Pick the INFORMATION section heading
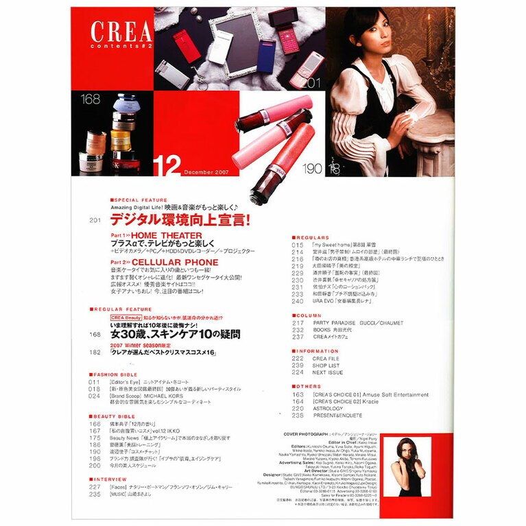coord(315,350)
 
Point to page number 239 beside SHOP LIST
coord(298,366)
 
